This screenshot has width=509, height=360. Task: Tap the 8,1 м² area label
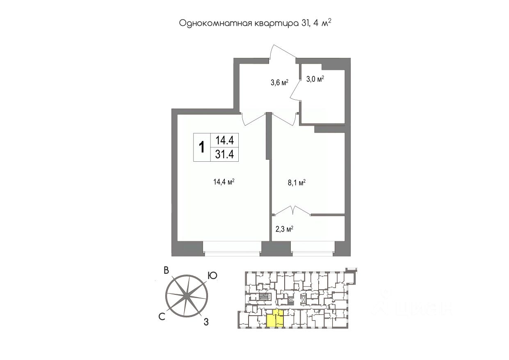(x=297, y=183)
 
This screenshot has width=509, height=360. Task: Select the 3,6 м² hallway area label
(x=279, y=83)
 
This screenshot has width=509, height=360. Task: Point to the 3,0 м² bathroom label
(x=315, y=79)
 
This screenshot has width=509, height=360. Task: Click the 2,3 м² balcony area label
(x=283, y=230)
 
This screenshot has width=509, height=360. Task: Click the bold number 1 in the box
(x=202, y=147)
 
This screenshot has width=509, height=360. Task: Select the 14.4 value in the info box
(x=224, y=140)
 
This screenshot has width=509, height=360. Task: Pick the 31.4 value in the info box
(x=224, y=154)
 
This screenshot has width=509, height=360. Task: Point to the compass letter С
(x=162, y=316)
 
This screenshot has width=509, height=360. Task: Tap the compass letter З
(x=207, y=322)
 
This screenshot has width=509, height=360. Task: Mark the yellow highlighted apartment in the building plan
(x=274, y=319)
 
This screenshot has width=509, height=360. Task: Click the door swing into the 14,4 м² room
(x=254, y=119)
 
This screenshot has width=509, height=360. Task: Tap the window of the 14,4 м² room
(x=232, y=249)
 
